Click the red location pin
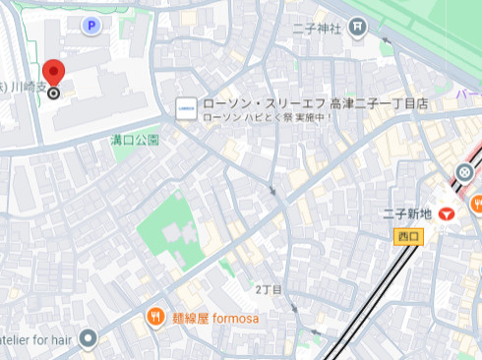[x=53, y=72]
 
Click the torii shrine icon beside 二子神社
[x=358, y=29]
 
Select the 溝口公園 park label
[x=135, y=141]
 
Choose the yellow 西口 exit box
[x=405, y=236]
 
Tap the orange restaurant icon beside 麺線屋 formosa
[x=155, y=317]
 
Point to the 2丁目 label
[x=269, y=290]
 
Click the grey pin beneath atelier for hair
[x=88, y=339]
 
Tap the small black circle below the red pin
[x=54, y=93]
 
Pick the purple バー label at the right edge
[x=469, y=96]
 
